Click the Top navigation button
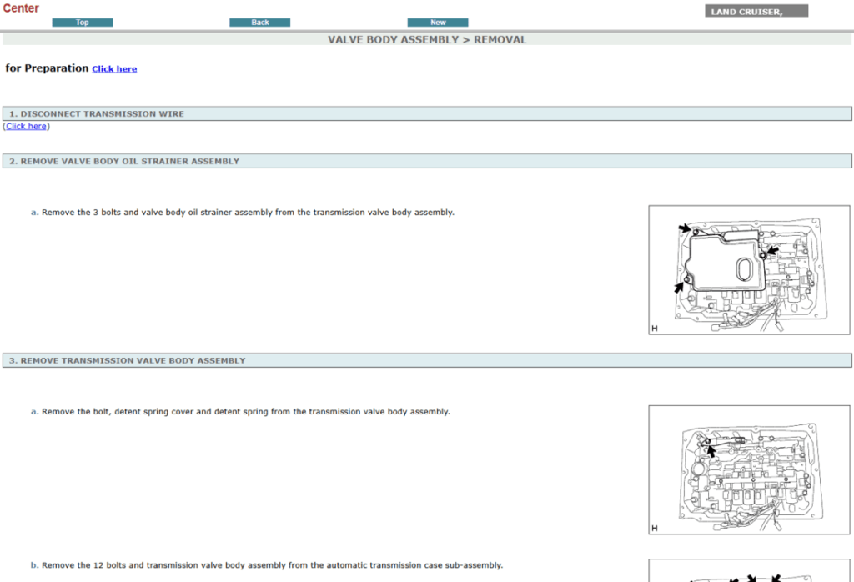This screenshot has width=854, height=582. coord(83,23)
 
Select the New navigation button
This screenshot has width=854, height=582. coord(438,23)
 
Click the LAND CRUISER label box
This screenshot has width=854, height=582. coord(756,12)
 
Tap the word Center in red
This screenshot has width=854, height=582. coord(21,8)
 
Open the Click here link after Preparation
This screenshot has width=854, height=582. coord(114,69)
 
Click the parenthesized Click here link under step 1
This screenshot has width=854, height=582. coord(26,126)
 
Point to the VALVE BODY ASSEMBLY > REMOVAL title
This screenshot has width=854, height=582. coord(427,40)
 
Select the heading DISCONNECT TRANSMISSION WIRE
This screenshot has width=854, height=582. coord(103,113)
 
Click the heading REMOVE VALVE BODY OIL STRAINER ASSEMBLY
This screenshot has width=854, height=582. coord(130,161)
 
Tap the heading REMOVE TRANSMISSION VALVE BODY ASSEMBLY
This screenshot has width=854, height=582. coord(133,360)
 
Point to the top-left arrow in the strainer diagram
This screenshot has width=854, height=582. coord(685,228)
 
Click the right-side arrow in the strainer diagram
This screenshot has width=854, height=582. coord(772,251)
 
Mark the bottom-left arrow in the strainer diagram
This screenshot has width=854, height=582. coord(679,287)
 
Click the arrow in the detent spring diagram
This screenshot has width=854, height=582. coord(711,451)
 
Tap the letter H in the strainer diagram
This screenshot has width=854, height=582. coord(655,329)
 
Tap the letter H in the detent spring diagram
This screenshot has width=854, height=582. coord(655,528)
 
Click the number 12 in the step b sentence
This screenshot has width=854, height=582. coord(98,565)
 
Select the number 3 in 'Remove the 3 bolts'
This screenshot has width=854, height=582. coord(96,213)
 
